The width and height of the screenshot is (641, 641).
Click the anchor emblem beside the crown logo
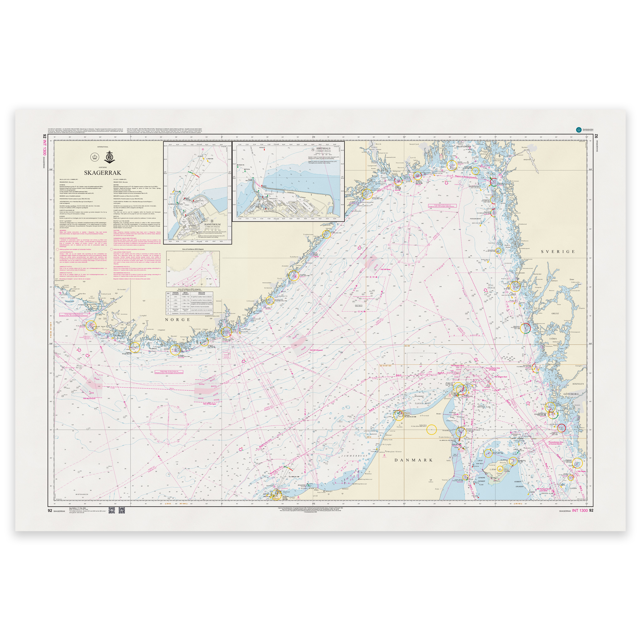click(x=110, y=156)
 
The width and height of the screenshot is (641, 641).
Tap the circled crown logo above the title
click(x=94, y=156)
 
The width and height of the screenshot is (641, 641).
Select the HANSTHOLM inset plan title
click(x=212, y=224)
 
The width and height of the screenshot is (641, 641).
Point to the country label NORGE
click(x=178, y=320)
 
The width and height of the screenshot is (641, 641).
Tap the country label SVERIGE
click(x=558, y=252)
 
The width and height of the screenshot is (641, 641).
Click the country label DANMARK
click(x=413, y=460)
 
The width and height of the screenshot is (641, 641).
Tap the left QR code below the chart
click(x=111, y=510)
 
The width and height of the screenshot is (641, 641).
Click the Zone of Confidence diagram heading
click(x=193, y=249)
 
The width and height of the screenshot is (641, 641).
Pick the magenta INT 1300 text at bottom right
click(x=580, y=510)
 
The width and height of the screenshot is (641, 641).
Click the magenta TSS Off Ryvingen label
click(x=209, y=404)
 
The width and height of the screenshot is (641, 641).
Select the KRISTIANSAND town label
click(x=212, y=316)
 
